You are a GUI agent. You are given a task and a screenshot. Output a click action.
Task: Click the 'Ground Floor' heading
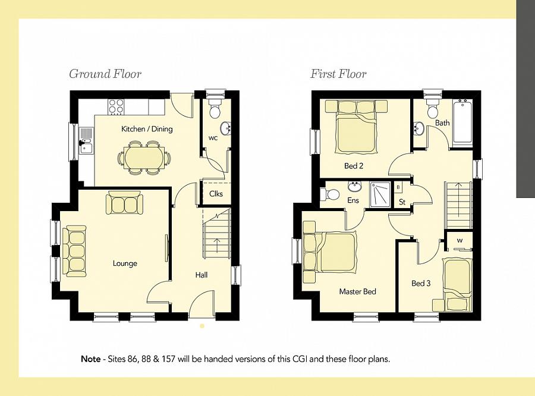[105, 74]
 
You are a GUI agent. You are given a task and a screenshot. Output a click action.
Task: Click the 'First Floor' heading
[338, 74]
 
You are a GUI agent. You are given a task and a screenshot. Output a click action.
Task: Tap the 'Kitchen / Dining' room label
[147, 129]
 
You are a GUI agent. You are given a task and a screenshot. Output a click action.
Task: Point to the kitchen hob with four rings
[116, 106]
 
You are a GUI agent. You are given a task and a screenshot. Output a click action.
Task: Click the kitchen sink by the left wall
[86, 140]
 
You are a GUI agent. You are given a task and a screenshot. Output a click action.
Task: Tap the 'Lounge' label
[125, 263]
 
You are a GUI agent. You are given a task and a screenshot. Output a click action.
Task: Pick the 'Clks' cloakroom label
[216, 194]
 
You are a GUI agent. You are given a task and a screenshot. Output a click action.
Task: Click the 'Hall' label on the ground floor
[202, 275]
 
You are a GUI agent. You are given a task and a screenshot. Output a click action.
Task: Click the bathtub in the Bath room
[462, 124]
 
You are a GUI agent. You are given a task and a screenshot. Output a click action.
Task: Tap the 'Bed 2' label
[354, 166]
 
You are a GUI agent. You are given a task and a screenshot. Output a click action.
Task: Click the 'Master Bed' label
[357, 292]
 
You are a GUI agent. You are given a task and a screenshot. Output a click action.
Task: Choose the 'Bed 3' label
[421, 284]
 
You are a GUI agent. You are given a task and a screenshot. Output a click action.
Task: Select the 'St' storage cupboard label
[402, 202]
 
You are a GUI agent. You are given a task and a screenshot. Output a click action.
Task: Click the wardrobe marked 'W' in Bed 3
[460, 240]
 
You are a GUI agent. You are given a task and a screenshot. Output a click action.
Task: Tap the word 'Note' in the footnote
[91, 360]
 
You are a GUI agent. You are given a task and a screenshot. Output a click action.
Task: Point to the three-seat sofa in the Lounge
[74, 250]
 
